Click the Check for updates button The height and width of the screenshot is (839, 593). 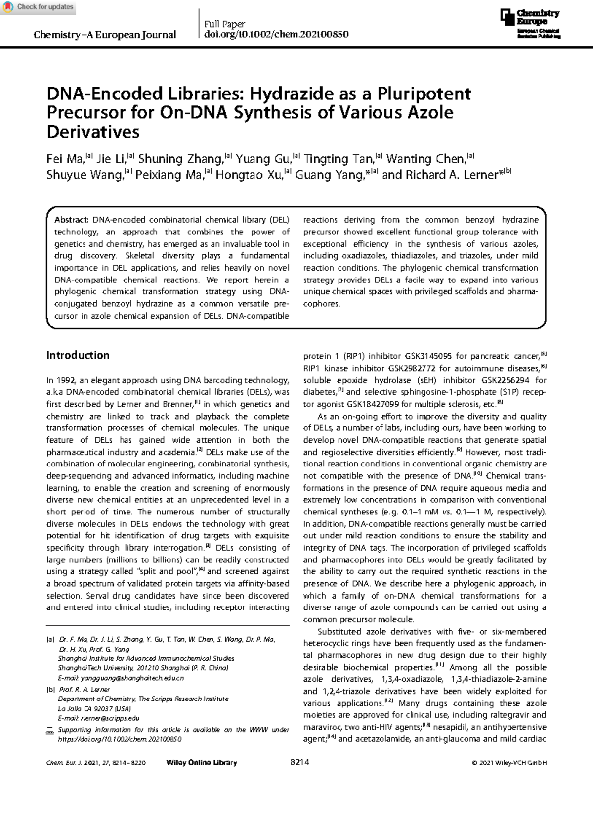39,7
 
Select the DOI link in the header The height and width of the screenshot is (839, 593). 276,34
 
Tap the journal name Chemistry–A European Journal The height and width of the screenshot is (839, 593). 104,35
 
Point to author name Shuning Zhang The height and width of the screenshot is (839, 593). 180,159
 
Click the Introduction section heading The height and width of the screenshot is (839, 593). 78,355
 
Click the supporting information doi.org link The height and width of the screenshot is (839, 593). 120,739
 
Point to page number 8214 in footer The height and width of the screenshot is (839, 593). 300,762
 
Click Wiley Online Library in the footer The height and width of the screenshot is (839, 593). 202,763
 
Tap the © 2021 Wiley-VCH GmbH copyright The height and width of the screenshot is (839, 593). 509,763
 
